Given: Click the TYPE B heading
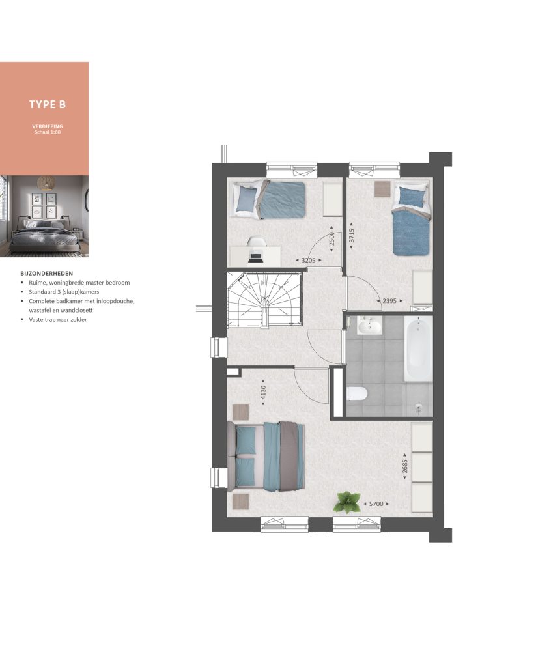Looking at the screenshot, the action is coord(48,104).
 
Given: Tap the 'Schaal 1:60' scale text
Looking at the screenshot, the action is coord(48,132).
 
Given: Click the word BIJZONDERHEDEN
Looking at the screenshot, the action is coord(47,274).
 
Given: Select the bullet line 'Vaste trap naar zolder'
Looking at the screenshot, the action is coord(58,319).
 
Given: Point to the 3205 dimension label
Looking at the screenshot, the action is coord(309,260).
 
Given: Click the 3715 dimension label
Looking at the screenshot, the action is coord(352,236).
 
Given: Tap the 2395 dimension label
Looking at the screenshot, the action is coord(389,301).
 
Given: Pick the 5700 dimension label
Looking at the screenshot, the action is coord(376,504).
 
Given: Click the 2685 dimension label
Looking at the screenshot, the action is coord(405,466).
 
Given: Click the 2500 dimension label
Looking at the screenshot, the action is coord(331,239).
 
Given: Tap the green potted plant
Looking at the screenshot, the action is coord(347,502).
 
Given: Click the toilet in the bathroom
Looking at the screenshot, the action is coord(357,394).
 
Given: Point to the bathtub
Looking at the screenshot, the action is coord(417,350).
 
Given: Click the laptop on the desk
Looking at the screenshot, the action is coord(255,258).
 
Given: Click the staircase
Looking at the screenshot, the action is coord(264,300).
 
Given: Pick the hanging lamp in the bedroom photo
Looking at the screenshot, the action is coord(46,182).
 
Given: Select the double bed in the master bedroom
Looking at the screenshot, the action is coord(266,457).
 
